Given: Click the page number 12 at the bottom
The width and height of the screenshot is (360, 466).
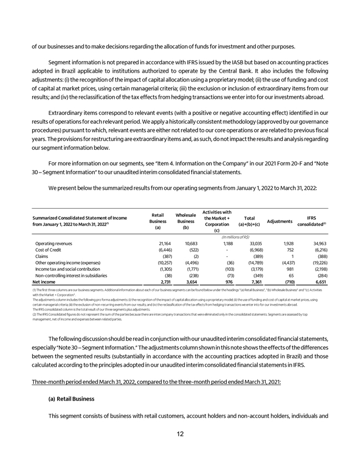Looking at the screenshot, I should tap(180, 434).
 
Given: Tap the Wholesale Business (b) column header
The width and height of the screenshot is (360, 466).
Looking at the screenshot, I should tap(186, 221).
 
